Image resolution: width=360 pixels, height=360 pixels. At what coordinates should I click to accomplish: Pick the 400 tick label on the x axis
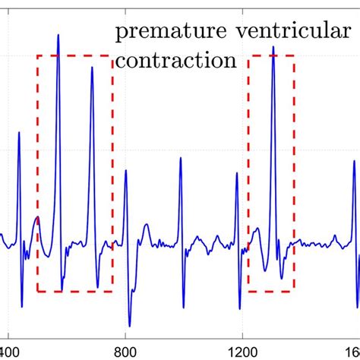click(9, 352)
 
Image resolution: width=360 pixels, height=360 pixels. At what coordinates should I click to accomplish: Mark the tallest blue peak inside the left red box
click(58, 35)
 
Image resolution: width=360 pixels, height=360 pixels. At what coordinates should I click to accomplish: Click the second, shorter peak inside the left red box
click(91, 68)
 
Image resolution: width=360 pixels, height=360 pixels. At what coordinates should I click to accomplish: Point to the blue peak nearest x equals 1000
click(181, 159)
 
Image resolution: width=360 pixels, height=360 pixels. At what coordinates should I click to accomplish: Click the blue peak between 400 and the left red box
click(19, 133)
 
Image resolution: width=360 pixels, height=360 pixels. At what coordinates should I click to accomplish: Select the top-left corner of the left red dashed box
click(37, 55)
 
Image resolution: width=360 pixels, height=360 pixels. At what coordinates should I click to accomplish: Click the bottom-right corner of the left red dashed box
click(112, 292)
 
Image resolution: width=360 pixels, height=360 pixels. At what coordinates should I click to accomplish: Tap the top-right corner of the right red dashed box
click(295, 55)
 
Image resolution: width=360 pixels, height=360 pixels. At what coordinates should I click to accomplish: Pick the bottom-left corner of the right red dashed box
click(248, 292)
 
